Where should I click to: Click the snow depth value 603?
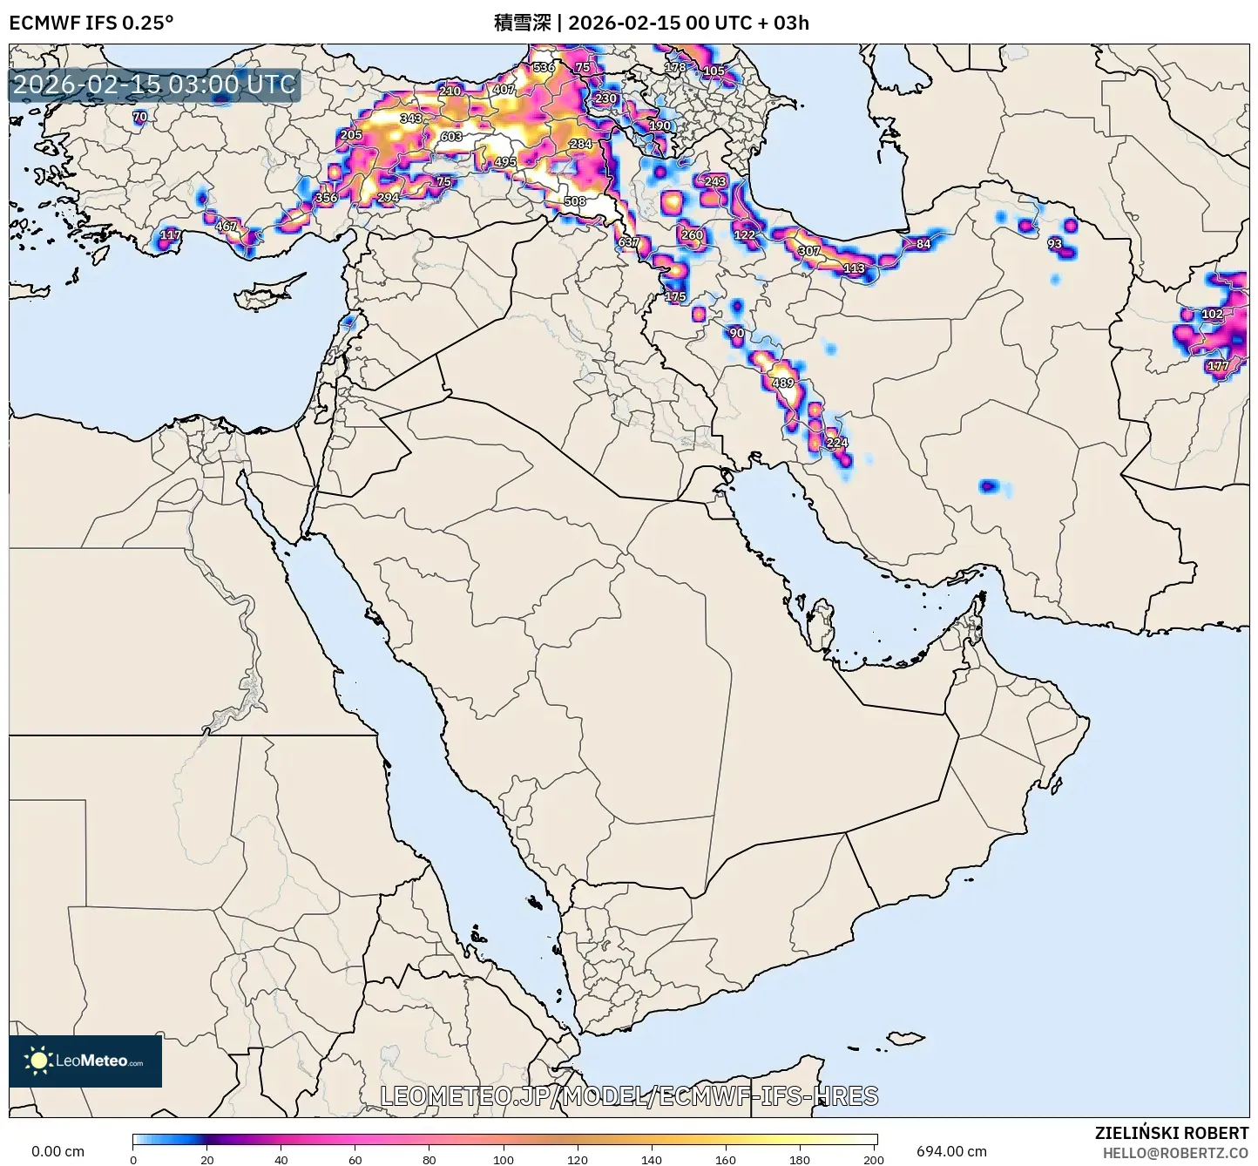click(x=451, y=137)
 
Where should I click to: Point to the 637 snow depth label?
click(x=628, y=242)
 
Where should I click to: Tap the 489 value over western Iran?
click(x=783, y=383)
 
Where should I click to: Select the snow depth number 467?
click(x=226, y=227)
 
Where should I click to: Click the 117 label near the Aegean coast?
click(x=171, y=234)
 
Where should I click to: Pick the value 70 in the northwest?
click(x=139, y=117)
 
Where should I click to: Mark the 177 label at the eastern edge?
click(x=1218, y=366)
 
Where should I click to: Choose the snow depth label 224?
click(x=836, y=443)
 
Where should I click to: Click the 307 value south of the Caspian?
click(x=809, y=251)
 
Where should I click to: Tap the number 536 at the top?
click(x=544, y=67)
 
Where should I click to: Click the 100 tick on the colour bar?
click(x=504, y=1159)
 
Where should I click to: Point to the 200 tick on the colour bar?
click(x=874, y=1159)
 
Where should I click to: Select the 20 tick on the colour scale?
click(x=206, y=1159)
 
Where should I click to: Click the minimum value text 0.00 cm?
click(x=57, y=1151)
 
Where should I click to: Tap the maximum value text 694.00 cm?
click(x=951, y=1151)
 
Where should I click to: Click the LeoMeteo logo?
click(x=85, y=1061)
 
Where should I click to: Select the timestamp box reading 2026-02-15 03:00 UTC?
click(x=154, y=85)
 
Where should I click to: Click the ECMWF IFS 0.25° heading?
click(x=91, y=23)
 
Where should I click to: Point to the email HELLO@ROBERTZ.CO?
click(x=1175, y=1152)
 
